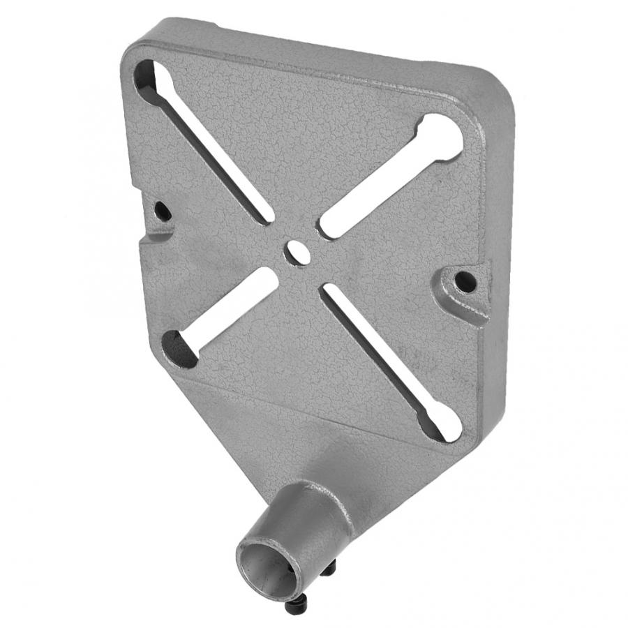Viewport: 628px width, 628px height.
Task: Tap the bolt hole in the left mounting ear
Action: click(163, 209)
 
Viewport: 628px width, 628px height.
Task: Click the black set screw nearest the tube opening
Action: click(293, 606)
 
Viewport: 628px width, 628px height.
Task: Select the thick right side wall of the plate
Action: click(497, 279)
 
